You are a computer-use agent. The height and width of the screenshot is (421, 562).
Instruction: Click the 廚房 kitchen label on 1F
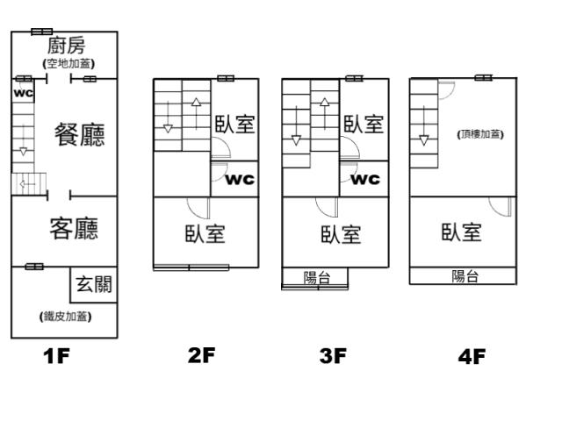click(x=68, y=46)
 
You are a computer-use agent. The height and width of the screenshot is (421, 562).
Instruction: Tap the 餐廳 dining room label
click(x=79, y=135)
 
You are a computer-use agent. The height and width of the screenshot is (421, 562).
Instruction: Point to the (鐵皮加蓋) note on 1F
click(x=66, y=316)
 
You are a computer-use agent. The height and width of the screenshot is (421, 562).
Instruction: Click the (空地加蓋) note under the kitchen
click(x=68, y=63)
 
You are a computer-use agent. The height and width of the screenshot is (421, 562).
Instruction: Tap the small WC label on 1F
click(x=23, y=90)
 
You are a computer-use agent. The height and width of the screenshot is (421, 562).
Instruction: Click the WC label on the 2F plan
click(x=241, y=180)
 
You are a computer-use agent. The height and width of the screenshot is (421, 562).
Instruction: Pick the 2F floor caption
click(x=201, y=356)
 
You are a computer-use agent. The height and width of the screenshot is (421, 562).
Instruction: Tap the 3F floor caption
click(x=333, y=356)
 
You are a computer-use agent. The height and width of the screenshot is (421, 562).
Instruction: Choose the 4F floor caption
click(x=472, y=356)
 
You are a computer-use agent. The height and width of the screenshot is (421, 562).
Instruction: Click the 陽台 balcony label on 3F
click(x=316, y=278)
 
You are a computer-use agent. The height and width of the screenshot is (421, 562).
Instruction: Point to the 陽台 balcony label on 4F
click(x=465, y=276)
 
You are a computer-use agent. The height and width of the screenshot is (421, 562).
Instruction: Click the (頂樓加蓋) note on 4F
click(x=480, y=134)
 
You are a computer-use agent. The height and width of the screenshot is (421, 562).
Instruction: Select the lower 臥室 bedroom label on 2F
click(x=205, y=234)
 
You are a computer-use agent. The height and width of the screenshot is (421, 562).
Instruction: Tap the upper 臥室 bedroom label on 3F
click(x=363, y=124)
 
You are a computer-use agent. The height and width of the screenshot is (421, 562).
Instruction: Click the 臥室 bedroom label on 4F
click(x=461, y=232)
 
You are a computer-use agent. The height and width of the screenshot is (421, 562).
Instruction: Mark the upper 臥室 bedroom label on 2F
click(x=234, y=124)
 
